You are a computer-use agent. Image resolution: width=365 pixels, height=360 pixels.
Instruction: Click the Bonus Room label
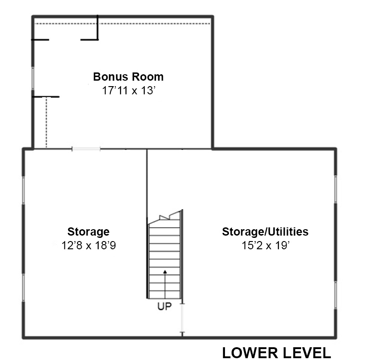(128, 77)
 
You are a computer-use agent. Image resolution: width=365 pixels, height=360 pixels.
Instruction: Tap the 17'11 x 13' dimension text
(129, 91)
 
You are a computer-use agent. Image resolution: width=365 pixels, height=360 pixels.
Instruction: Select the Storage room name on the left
(89, 232)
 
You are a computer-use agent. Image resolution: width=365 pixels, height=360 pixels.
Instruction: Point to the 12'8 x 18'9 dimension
(89, 245)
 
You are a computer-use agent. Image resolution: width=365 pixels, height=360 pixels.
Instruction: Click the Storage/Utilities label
(265, 231)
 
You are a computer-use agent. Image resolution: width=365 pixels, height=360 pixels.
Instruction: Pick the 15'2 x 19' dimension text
(266, 245)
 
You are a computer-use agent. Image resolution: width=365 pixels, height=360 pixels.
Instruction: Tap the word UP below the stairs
(164, 307)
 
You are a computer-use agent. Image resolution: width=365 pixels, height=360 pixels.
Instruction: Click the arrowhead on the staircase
(165, 272)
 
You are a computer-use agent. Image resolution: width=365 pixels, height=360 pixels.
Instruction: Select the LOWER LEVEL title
(276, 353)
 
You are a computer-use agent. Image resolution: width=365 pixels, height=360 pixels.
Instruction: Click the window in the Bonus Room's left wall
(33, 78)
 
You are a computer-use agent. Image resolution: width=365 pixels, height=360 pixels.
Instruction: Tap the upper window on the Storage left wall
(24, 190)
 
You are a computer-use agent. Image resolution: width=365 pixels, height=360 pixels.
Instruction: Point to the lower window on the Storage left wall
(24, 288)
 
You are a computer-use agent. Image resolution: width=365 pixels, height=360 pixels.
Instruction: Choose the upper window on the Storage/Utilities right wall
(336, 189)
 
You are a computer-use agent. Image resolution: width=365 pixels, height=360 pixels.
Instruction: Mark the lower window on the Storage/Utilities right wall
(336, 295)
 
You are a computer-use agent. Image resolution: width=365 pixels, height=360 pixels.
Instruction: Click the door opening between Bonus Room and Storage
(86, 149)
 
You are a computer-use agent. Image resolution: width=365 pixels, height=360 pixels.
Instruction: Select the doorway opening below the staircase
(182, 318)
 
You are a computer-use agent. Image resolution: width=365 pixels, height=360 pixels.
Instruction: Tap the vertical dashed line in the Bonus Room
(47, 122)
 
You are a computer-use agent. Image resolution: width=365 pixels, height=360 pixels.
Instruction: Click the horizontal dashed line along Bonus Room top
(122, 24)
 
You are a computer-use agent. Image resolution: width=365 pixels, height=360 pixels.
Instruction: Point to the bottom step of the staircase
(165, 294)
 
